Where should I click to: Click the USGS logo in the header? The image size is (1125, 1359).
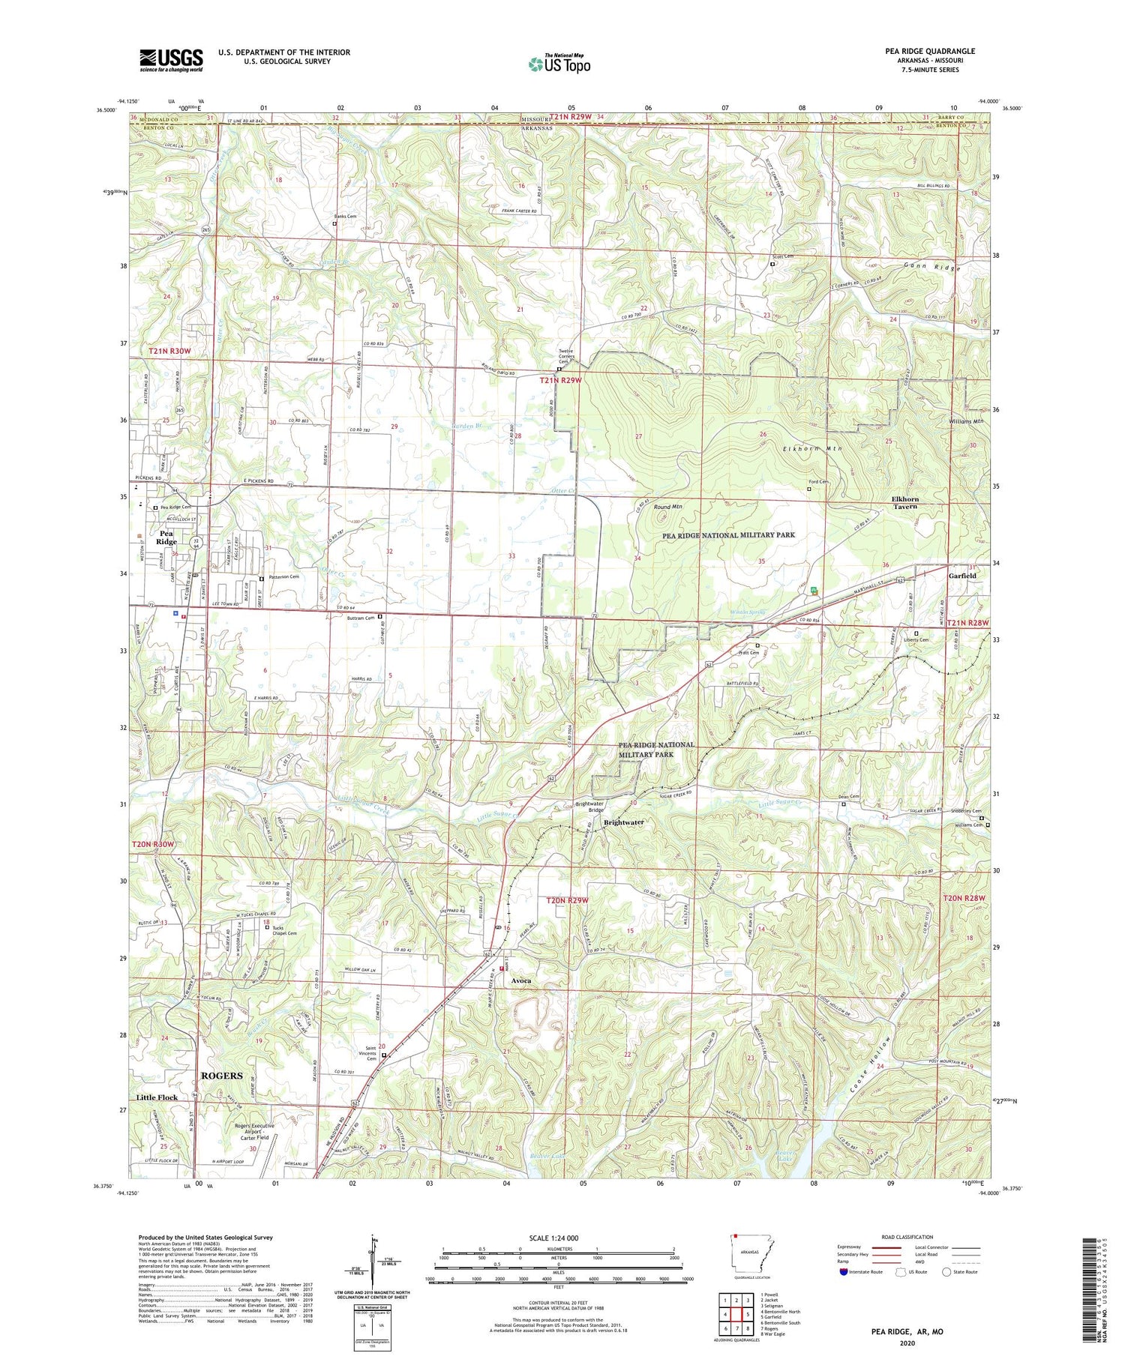[x=171, y=60]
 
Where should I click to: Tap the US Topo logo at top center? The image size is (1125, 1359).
[x=559, y=64]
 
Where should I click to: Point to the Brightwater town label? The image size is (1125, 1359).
[x=624, y=822]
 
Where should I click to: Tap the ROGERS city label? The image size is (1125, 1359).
[x=222, y=1075]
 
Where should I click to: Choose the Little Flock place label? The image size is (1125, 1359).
[x=157, y=1097]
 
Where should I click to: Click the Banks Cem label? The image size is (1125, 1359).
[x=345, y=217]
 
